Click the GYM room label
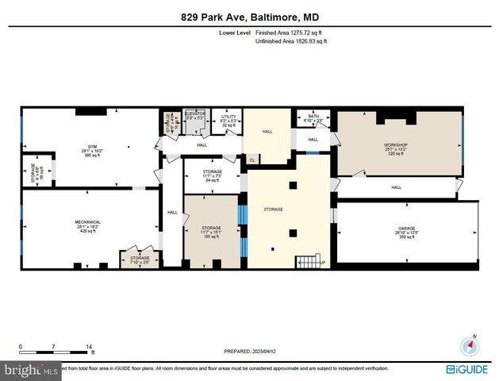pyautogui.click(x=91, y=147)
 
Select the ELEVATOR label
pyautogui.click(x=195, y=114)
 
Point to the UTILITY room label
pyautogui.click(x=229, y=116)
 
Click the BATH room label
pyautogui.click(x=313, y=116)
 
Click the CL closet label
pyautogui.click(x=252, y=160)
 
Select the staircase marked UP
pyautogui.click(x=309, y=261)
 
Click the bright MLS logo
pyautogui.click(x=30, y=370)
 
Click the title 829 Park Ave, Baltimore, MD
pyautogui.click(x=249, y=17)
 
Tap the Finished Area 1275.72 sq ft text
pyautogui.click(x=288, y=33)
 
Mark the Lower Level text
pyautogui.click(x=235, y=33)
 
